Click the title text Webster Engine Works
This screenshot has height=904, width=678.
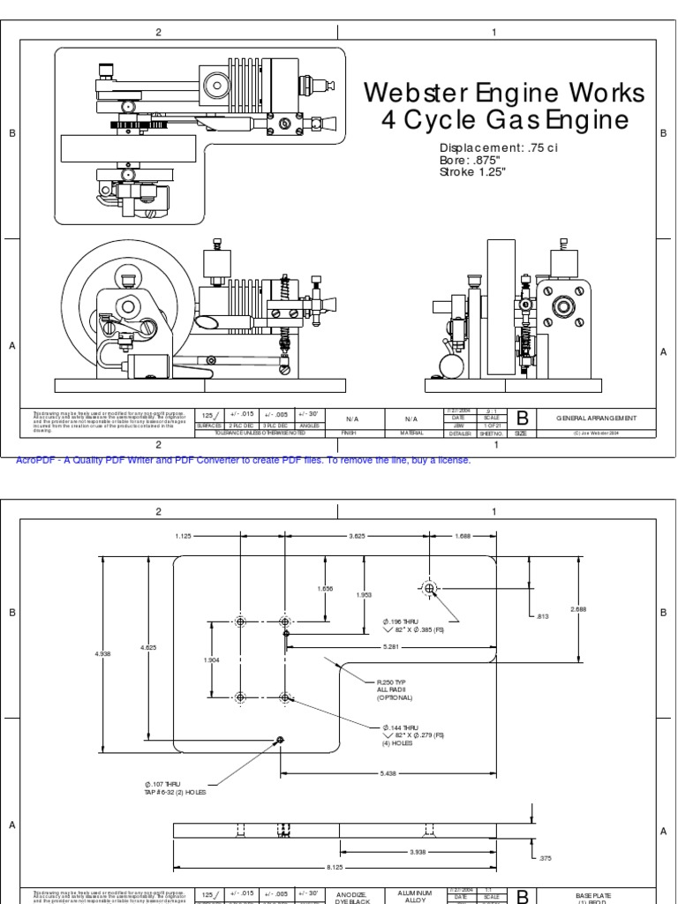coord(504,93)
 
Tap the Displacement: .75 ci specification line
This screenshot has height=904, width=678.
coord(499,147)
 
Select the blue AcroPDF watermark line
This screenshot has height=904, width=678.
coord(244,460)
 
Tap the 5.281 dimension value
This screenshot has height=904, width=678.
coord(390,646)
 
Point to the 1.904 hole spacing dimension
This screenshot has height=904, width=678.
coord(212,659)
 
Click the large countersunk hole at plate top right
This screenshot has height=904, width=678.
coord(429,588)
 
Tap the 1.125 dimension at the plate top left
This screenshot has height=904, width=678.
coord(184,535)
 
